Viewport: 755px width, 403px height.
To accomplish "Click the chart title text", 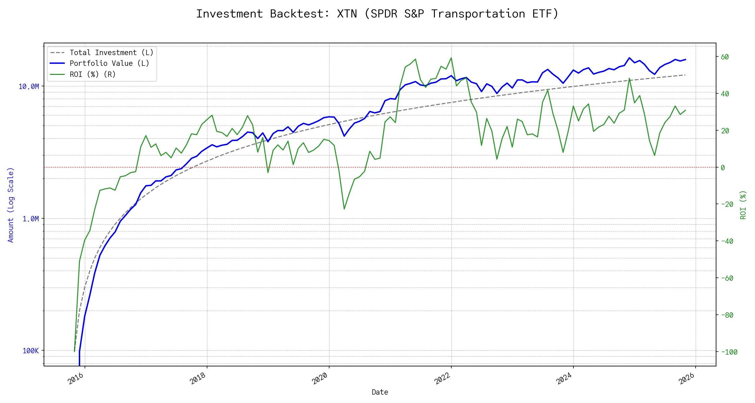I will (377, 14).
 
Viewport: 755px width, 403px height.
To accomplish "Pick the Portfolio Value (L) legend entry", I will (109, 63).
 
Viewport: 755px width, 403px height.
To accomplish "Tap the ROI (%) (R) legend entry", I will (93, 74).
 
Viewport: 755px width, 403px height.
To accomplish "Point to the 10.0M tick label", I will (29, 87).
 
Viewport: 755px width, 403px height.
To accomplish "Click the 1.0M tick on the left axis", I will (31, 219).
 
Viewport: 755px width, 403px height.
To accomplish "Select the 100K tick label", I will (31, 351).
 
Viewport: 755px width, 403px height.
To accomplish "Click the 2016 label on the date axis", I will (76, 378).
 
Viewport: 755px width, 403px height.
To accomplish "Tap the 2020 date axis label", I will (320, 378).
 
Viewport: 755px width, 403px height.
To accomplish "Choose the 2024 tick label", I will (564, 378).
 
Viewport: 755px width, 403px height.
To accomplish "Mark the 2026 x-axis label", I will (686, 378).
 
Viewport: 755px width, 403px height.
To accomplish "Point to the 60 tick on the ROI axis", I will (725, 57).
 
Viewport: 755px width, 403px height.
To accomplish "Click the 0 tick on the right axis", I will (723, 168).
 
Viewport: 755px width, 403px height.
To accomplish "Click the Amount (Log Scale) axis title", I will (11, 205).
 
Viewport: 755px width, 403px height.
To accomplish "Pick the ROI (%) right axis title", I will (743, 205).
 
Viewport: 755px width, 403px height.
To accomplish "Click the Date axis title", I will (380, 392).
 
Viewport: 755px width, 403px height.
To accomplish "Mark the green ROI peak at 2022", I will (451, 58).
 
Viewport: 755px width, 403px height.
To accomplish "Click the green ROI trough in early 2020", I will (344, 209).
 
